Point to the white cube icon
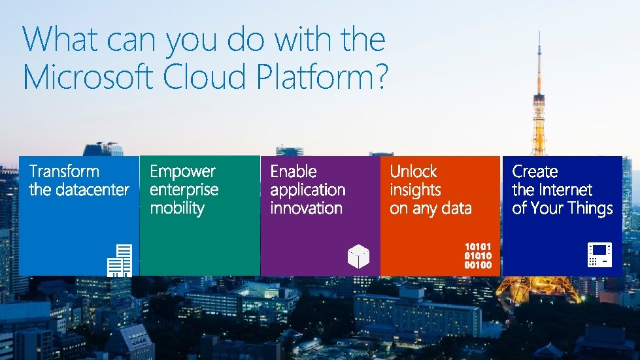358,256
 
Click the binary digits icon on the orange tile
478,255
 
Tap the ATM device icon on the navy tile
599,255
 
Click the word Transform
64,172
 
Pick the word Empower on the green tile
182,172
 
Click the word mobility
177,208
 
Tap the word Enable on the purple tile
294,172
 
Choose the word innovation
306,208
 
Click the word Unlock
413,172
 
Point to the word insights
415,190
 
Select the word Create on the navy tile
535,172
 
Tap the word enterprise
184,190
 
